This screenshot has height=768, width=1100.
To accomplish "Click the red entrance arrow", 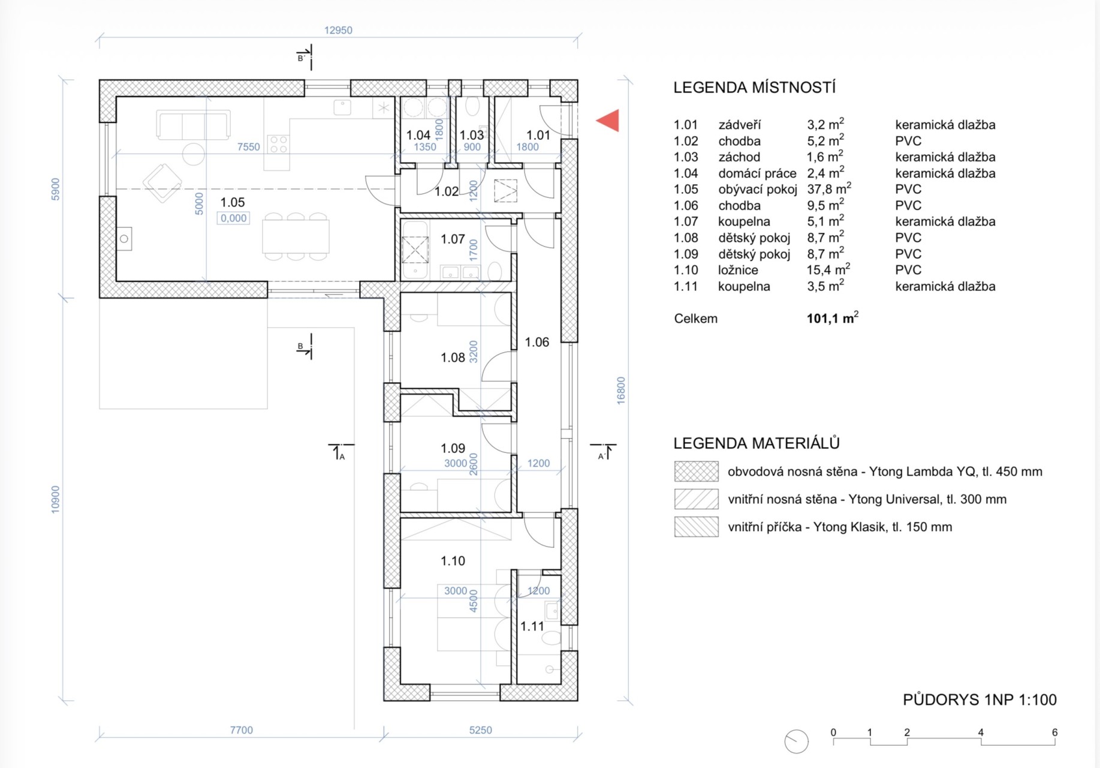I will click(609, 121).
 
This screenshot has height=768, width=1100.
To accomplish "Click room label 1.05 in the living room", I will click(233, 202).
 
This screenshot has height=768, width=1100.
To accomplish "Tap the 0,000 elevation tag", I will click(233, 218).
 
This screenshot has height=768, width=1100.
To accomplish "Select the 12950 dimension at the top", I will click(338, 30).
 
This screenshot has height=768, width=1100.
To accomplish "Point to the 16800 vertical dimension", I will click(621, 390).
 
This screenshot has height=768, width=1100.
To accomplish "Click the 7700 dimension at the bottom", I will click(241, 730).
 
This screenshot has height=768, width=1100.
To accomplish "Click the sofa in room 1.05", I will click(193, 125).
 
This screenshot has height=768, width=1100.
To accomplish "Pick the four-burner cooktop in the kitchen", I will click(278, 144).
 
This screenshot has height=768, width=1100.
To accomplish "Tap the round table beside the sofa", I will click(194, 154).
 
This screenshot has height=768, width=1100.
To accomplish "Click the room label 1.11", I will click(532, 626).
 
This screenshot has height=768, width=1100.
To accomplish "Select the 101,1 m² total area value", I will click(832, 318).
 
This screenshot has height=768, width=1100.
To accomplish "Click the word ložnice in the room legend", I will click(738, 270).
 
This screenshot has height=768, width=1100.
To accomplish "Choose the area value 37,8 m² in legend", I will click(828, 189).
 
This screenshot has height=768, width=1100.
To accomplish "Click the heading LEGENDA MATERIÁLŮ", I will click(756, 443).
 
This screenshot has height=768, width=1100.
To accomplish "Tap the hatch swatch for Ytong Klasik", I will click(696, 527).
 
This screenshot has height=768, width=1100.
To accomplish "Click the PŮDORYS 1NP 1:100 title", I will click(980, 700).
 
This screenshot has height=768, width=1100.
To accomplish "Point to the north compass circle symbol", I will click(797, 742).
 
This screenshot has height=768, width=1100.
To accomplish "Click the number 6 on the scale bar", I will click(1054, 733).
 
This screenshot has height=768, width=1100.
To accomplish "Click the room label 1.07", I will click(453, 239).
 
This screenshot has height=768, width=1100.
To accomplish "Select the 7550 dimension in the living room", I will click(248, 147).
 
